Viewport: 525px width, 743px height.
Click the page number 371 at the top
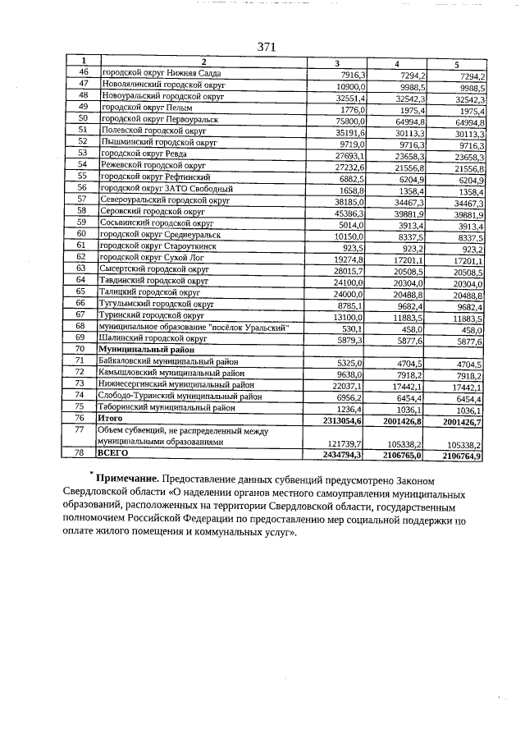266,47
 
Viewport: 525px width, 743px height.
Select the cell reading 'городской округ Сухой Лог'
153,257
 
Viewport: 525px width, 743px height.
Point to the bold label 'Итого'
110,418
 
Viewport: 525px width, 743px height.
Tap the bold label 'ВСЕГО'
112,452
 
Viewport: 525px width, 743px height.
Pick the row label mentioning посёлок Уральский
195,326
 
